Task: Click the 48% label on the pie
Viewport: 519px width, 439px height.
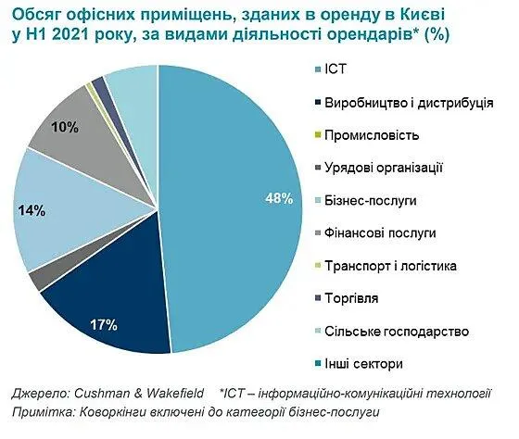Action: point(281,198)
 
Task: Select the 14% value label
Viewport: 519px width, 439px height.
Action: point(32,211)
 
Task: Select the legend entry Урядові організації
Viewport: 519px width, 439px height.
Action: point(385,167)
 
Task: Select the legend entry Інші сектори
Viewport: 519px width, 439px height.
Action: point(361,364)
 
